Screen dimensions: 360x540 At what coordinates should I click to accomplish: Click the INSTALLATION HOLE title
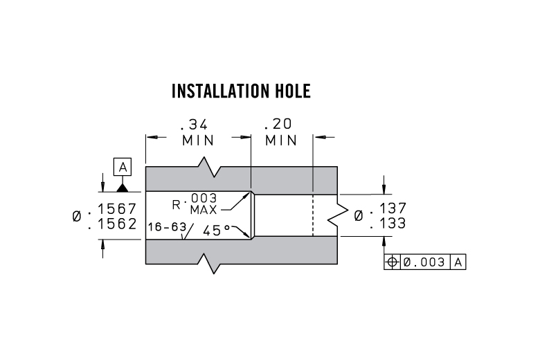241,91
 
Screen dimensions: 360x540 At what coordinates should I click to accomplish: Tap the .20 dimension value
279,125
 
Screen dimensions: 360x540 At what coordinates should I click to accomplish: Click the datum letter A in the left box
123,167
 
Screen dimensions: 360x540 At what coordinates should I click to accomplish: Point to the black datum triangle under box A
123,186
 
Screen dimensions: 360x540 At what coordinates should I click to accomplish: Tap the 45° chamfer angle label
218,231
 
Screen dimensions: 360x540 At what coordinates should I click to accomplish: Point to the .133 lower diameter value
388,223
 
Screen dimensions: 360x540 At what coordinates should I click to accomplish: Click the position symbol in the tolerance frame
392,262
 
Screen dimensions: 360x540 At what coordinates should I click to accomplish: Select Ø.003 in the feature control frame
424,262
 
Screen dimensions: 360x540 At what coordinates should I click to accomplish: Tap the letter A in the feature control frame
458,262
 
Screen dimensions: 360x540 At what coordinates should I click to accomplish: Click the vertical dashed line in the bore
313,215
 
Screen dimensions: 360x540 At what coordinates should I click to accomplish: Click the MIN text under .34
198,140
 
